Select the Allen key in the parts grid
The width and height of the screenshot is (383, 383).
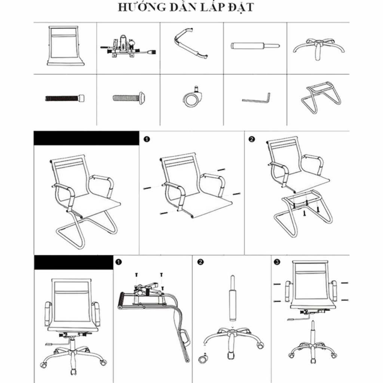pyautogui.click(x=256, y=98)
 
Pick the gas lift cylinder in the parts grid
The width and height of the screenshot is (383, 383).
pyautogui.click(x=255, y=46)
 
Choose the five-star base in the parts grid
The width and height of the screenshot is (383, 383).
pyautogui.click(x=318, y=48)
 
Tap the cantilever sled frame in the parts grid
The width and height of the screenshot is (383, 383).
pyautogui.click(x=321, y=98)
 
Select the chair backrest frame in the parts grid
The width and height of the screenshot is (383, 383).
pyautogui.click(x=65, y=46)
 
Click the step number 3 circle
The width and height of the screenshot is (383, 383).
pyautogui.click(x=277, y=262)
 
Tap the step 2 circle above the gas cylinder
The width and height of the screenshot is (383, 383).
pyautogui.click(x=200, y=262)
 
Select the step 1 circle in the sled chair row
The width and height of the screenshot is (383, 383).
pyautogui.click(x=147, y=139)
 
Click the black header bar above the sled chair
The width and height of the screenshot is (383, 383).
pyautogui.click(x=86, y=138)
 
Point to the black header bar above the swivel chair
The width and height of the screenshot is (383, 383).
pyautogui.click(x=73, y=262)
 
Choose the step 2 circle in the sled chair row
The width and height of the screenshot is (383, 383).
pyautogui.click(x=252, y=139)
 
